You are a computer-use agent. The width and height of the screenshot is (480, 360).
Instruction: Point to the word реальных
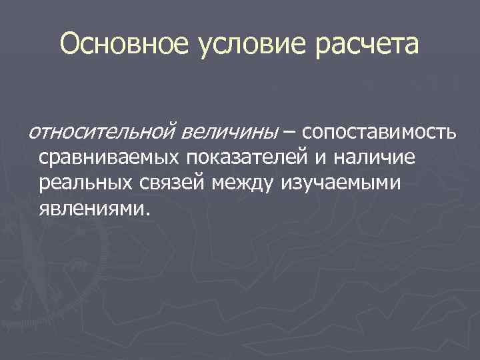[83, 183]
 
